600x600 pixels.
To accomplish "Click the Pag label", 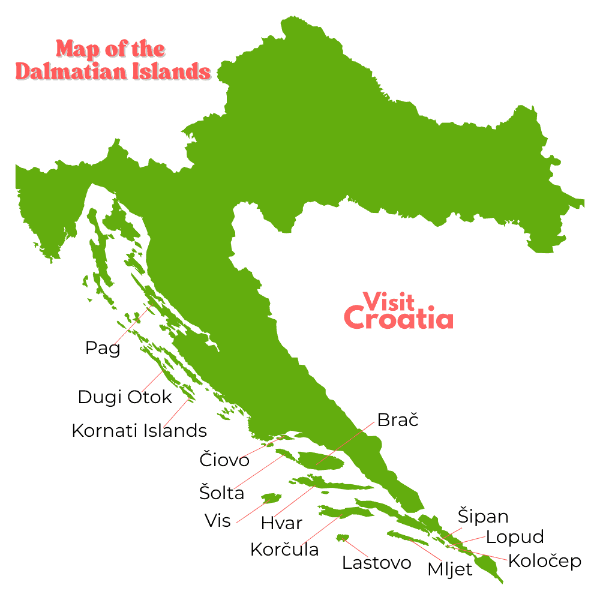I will [x=103, y=349].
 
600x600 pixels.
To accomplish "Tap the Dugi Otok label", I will [x=125, y=397].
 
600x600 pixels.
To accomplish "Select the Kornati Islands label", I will [x=139, y=431].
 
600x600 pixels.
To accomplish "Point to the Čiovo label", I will [x=224, y=460].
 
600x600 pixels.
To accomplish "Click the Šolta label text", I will [x=222, y=493].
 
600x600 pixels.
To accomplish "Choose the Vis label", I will [x=217, y=521].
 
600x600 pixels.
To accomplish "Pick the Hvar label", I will [x=281, y=523].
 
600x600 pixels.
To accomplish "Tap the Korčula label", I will [x=284, y=550].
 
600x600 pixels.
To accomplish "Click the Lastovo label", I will [x=377, y=563].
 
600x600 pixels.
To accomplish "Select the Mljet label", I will [x=450, y=569].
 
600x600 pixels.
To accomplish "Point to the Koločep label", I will [x=545, y=562].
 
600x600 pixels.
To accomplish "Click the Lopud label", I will [x=515, y=537].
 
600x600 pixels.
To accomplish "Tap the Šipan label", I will [x=483, y=517].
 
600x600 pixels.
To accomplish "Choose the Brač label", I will [x=397, y=420].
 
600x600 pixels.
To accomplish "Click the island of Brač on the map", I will [x=321, y=461].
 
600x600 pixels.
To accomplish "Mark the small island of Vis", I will [x=271, y=498].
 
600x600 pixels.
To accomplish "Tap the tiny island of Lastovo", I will [x=343, y=537].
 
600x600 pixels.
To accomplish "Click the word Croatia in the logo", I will [x=400, y=318].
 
